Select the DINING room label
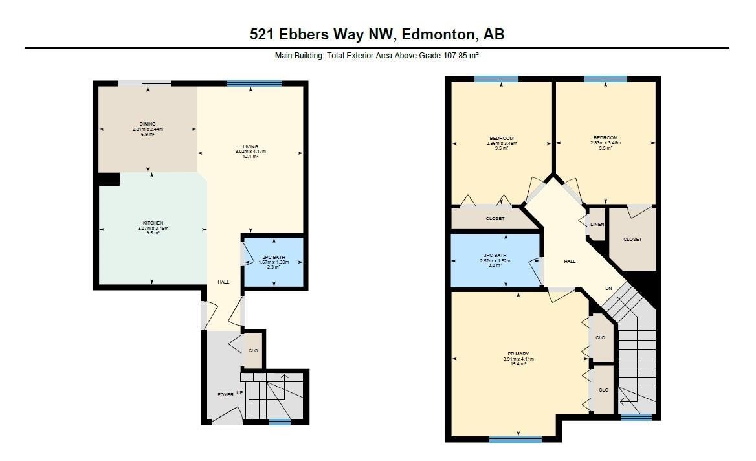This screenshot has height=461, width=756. click(x=148, y=124)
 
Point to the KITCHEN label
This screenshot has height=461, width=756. click(x=153, y=223)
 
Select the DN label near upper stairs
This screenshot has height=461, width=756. click(x=608, y=288)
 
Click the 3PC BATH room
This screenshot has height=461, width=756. click(x=495, y=261)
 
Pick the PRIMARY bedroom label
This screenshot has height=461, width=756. click(x=518, y=354)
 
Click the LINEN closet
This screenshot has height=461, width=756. click(x=596, y=225)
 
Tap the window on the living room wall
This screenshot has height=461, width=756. click(x=254, y=84)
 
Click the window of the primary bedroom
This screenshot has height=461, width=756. click(x=515, y=440)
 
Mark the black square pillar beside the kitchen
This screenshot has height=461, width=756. click(x=109, y=179)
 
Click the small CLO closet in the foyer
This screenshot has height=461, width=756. click(x=253, y=350)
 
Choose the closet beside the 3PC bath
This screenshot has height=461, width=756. click(x=495, y=218)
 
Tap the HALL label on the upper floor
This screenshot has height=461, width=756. click(x=570, y=261)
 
